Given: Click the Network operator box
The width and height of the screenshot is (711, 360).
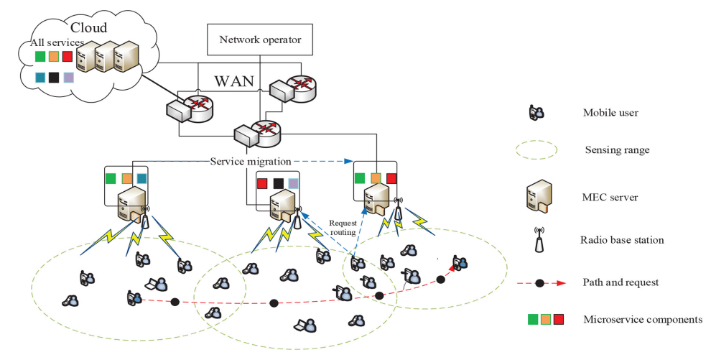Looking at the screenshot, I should click(259, 40).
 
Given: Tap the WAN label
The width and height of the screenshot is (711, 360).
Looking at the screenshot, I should click(233, 80).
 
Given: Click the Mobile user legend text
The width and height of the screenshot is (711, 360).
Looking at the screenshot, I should click(610, 113).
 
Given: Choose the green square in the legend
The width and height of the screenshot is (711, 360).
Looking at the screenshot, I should click(531, 319).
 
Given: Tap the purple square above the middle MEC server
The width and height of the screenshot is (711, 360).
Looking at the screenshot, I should click(292, 183).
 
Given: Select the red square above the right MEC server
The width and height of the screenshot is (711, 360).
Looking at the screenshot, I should click(391, 178).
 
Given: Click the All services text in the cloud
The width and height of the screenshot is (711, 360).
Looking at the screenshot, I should click(56, 43).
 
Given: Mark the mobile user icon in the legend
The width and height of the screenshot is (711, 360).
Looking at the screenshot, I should click(536, 112).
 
